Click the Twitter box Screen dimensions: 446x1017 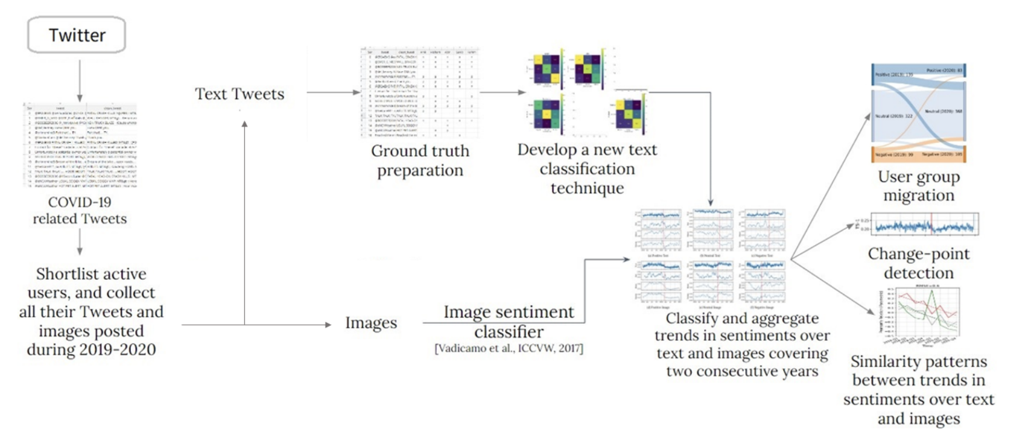coord(77,35)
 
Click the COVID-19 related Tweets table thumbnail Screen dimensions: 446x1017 coord(80,145)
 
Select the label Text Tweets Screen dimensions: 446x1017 coord(240,94)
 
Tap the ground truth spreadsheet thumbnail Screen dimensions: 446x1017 coord(419,92)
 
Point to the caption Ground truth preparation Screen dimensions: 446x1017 coord(420,160)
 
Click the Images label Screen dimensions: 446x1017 coord(371,323)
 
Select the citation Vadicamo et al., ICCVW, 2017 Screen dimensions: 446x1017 coord(509,349)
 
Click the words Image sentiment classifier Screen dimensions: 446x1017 coord(509,321)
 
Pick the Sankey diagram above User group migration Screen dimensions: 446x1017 coord(918,112)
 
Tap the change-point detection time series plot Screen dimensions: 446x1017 coord(924,225)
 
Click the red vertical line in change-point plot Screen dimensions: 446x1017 coord(931,225)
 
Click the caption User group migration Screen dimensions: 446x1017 coord(919,186)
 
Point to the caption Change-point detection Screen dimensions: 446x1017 coord(918,263)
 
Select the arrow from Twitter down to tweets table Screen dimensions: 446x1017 coord(80,80)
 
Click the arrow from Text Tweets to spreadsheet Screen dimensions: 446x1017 coord(332,92)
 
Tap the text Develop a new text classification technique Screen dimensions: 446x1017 coord(587,169)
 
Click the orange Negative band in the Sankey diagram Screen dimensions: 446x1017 coord(918,155)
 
